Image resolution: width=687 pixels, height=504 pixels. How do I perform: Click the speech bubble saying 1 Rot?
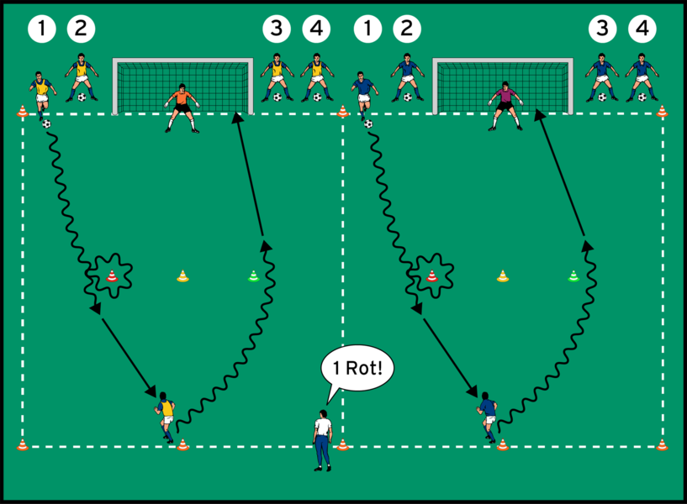357,368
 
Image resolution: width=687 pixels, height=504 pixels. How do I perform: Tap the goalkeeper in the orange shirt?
181,108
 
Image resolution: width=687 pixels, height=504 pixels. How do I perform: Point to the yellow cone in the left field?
182,275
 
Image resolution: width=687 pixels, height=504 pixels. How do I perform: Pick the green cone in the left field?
254,275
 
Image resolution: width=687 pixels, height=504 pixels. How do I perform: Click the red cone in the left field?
112,275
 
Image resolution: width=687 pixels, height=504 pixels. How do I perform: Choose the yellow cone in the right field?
503,275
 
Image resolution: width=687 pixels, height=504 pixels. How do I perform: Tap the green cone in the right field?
573,275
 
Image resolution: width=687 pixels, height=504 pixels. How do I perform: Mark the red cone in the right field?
432,275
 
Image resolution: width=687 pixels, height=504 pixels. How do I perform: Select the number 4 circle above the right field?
642,29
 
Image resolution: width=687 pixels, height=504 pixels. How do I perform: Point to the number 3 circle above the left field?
276,29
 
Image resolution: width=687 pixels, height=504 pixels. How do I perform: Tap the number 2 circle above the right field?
406,29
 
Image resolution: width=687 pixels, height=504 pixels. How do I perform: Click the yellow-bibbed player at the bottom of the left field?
165,414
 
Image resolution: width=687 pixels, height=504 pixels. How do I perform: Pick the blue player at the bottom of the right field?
487,414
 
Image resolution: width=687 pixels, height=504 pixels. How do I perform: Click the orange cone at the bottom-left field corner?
23,445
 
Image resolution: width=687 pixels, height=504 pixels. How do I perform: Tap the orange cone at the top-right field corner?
662,111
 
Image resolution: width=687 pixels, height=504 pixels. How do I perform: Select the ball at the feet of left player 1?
46,124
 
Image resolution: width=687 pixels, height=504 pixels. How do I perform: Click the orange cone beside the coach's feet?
342,444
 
